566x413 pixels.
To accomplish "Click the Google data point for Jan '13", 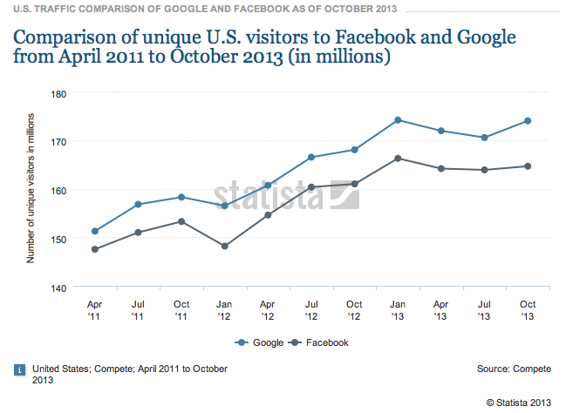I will tap(398, 120).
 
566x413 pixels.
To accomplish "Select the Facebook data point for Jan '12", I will tap(225, 246).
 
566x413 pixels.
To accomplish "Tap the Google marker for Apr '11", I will tap(94, 231).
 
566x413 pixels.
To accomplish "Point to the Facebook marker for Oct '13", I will tap(528, 166).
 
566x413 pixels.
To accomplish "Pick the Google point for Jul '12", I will tap(311, 157).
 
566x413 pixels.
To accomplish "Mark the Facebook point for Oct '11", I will tap(181, 221).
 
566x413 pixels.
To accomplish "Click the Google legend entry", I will tap(260, 342).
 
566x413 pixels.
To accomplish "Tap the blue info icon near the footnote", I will tap(19, 369).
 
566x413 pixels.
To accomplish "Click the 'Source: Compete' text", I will tap(514, 369).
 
